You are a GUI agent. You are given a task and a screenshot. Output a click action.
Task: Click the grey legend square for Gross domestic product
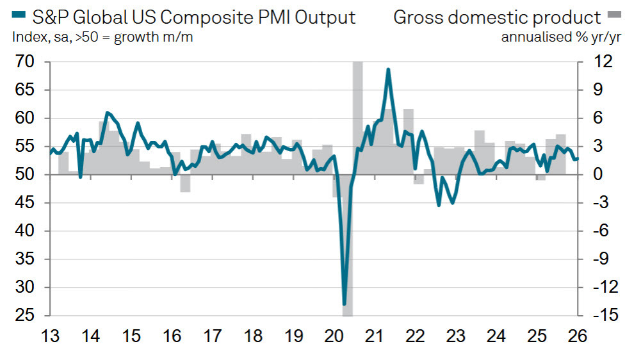[x=613, y=16]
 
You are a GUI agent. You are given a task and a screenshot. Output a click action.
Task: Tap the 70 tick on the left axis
[x=24, y=63]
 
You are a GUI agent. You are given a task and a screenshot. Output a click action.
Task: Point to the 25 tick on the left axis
[x=24, y=316]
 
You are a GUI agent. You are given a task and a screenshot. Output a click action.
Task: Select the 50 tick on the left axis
[x=24, y=175]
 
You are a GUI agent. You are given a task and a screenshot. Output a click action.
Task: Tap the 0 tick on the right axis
[x=594, y=175]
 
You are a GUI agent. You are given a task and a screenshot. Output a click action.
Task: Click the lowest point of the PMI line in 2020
[x=345, y=304]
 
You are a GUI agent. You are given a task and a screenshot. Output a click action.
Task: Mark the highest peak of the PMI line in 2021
[x=388, y=69]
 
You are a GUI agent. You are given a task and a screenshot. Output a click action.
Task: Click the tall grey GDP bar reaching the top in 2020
[x=357, y=115]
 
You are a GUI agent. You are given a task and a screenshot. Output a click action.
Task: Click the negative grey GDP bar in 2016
[x=185, y=183]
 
